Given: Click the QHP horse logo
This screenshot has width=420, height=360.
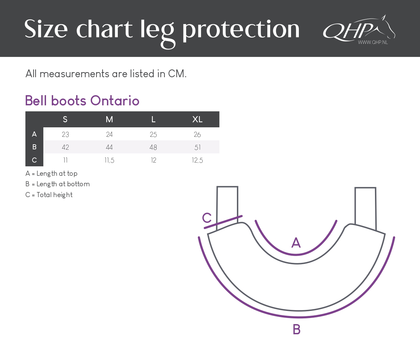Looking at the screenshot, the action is pyautogui.click(x=359, y=28).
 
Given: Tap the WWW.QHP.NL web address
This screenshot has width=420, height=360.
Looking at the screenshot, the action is pyautogui.click(x=373, y=42).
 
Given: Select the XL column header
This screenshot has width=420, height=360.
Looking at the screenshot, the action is pyautogui.click(x=197, y=120).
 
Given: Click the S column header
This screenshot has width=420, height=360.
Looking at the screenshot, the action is pyautogui.click(x=65, y=120).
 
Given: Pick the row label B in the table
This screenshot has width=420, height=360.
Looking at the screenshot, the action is pyautogui.click(x=34, y=147).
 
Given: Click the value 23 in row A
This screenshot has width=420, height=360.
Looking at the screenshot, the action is pyautogui.click(x=65, y=134).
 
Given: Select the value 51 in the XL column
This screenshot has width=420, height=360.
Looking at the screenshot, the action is pyautogui.click(x=197, y=147).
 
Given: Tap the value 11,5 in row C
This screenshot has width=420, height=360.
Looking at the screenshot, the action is pyautogui.click(x=109, y=161).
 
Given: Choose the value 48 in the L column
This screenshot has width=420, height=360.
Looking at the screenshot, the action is pyautogui.click(x=153, y=147).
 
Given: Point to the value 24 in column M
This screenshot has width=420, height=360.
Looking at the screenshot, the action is pyautogui.click(x=109, y=134).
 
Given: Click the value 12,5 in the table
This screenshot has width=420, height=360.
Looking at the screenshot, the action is pyautogui.click(x=197, y=161).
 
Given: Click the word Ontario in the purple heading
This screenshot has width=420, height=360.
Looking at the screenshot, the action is pyautogui.click(x=115, y=101).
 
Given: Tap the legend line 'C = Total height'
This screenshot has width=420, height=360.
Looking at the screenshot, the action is pyautogui.click(x=49, y=195).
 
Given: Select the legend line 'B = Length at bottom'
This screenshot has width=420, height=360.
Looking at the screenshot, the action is pyautogui.click(x=58, y=184).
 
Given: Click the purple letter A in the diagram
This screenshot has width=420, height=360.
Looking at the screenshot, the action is pyautogui.click(x=296, y=242).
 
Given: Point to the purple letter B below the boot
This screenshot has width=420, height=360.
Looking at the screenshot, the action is pyautogui.click(x=297, y=329).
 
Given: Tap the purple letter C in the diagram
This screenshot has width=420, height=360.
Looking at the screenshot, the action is pyautogui.click(x=207, y=218).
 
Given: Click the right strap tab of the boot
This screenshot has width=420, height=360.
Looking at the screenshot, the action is pyautogui.click(x=365, y=209).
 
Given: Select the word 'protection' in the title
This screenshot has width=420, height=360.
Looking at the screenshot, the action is pyautogui.click(x=241, y=29).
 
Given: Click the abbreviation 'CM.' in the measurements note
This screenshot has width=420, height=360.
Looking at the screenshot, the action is pyautogui.click(x=177, y=73).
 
